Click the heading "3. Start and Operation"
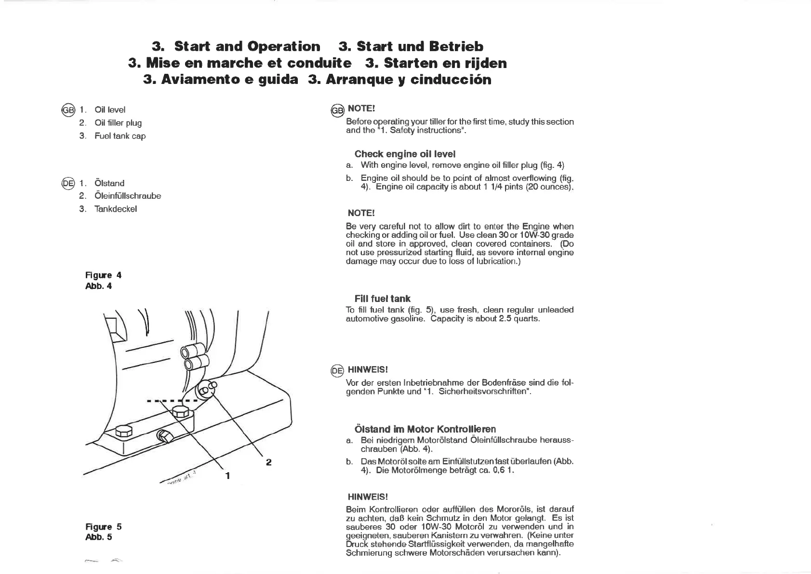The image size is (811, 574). pos(236,46)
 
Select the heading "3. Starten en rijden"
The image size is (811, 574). pos(436,63)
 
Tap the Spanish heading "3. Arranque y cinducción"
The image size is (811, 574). pos(399,79)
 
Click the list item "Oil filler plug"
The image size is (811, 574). pos(118,123)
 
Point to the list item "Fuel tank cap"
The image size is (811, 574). pos(120,136)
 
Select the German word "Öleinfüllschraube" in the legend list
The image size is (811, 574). pos(128,196)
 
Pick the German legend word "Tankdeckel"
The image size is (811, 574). pos(116,209)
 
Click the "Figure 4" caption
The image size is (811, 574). pos(103,275)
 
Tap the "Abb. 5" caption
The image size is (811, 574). pos(98,537)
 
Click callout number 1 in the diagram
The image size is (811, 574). pos(227,476)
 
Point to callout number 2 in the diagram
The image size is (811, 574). pos(268,462)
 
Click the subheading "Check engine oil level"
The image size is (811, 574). pos(405,154)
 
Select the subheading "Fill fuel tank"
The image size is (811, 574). pos(382,299)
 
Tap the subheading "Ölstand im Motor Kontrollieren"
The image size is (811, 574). pos(425,429)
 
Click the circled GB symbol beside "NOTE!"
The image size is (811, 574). pos(337,110)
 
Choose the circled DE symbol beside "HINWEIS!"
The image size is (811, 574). pos(337,370)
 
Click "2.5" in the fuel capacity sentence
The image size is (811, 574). pos(508,319)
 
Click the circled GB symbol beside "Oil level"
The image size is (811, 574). pos(67,109)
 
